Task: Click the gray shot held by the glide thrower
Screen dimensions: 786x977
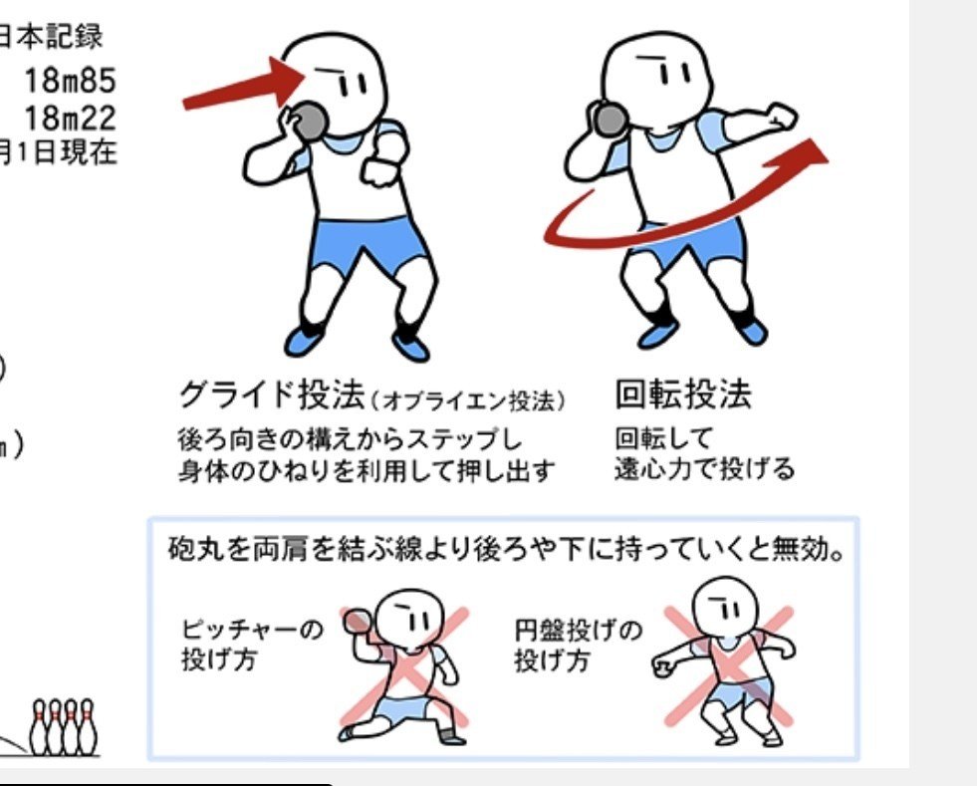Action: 311,121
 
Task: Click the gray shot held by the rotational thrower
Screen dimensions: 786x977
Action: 610,120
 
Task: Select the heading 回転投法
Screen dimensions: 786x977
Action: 683,395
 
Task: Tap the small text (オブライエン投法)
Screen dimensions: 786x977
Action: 467,399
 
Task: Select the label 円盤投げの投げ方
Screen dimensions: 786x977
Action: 579,645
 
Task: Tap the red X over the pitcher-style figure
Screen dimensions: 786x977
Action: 403,665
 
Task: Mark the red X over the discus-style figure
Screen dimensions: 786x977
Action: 728,665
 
